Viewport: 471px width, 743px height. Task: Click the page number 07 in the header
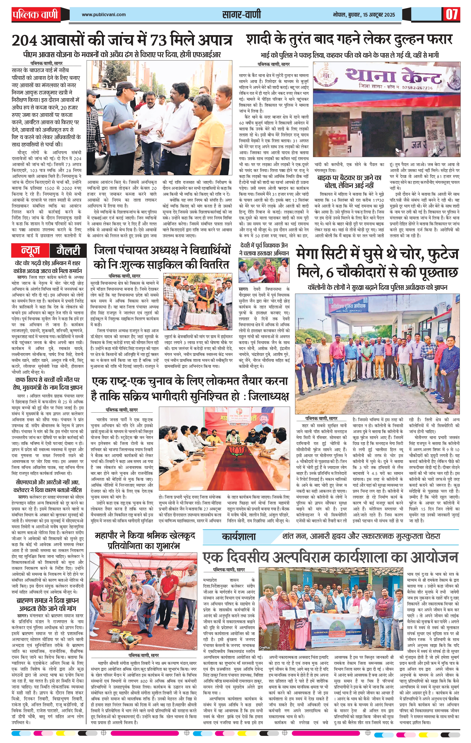click(451, 14)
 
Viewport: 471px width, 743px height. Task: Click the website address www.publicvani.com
click(104, 14)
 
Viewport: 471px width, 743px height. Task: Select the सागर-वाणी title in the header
click(241, 14)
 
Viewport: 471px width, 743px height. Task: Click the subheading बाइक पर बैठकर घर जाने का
click(349, 178)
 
